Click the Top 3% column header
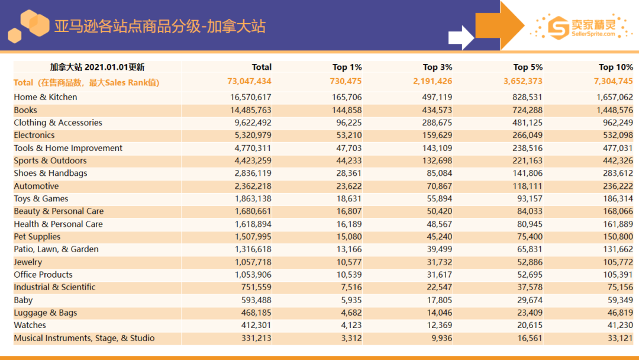click(437, 67)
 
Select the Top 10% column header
click(615, 67)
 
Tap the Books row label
click(25, 110)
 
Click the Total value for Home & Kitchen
click(250, 97)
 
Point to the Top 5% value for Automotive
click(526, 186)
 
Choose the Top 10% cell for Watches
click(618, 325)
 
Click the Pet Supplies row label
click(37, 237)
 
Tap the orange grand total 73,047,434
click(249, 82)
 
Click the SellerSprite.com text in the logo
click(593, 34)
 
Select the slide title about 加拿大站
click(160, 27)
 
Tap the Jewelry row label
click(28, 262)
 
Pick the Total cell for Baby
click(253, 300)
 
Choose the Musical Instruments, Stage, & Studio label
click(84, 338)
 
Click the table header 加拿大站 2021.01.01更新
click(97, 67)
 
